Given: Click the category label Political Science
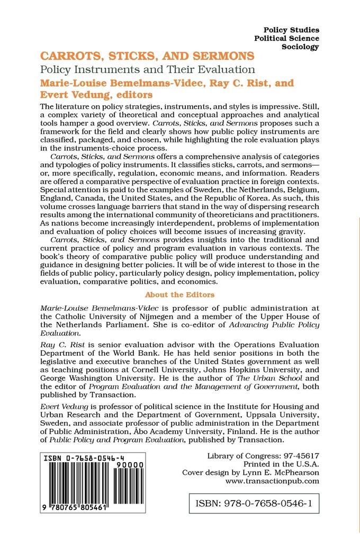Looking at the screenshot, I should (x=287, y=38).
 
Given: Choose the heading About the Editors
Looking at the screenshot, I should (x=179, y=294).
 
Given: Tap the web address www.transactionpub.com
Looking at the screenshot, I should (x=272, y=481).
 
